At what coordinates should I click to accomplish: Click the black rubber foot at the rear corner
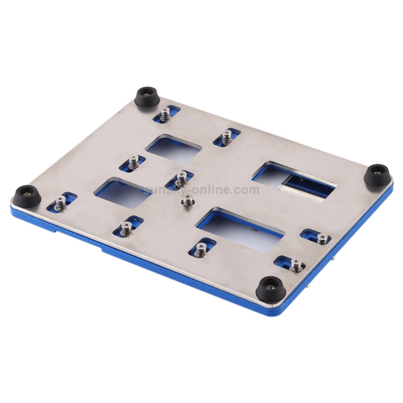146,98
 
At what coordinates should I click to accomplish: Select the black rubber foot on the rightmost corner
378,175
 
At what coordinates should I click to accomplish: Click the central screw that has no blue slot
188,202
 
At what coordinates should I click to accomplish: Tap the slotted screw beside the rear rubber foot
165,114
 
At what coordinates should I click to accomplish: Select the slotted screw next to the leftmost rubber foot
61,203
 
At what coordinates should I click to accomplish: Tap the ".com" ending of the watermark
246,190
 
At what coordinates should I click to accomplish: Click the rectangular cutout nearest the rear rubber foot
174,147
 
